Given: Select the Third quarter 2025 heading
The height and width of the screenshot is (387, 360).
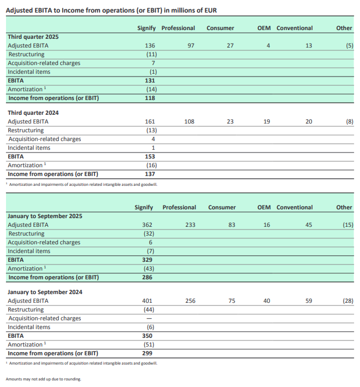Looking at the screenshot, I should coord(33,37).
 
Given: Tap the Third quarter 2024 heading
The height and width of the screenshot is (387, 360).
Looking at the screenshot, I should coord(33,113).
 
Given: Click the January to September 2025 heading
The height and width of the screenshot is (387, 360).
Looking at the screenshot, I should coord(45,216).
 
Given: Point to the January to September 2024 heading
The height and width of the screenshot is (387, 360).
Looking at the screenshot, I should coord(45,292).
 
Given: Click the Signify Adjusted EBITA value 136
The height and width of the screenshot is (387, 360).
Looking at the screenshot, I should coord(151,45).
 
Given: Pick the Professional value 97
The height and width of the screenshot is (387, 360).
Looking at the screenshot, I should coord(191,45).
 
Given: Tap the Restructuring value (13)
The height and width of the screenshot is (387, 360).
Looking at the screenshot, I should coord(151,130).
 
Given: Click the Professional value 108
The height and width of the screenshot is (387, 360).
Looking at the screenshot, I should coord(190,121).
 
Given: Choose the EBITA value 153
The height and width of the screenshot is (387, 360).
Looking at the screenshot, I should coord(150,156).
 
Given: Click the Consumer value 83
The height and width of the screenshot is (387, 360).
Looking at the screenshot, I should coord(230,225).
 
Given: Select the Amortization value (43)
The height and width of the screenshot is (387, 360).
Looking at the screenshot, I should coord(148,268).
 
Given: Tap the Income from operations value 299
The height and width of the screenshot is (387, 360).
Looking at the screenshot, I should coord(147,353).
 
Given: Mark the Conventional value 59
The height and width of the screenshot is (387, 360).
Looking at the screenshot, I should coord(309,301).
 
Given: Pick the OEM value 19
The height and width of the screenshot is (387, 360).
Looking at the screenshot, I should coord(267,121).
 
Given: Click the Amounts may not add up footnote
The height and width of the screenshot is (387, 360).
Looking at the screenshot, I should coord(43,379).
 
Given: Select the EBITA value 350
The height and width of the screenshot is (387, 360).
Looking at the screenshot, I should coord(147,336).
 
